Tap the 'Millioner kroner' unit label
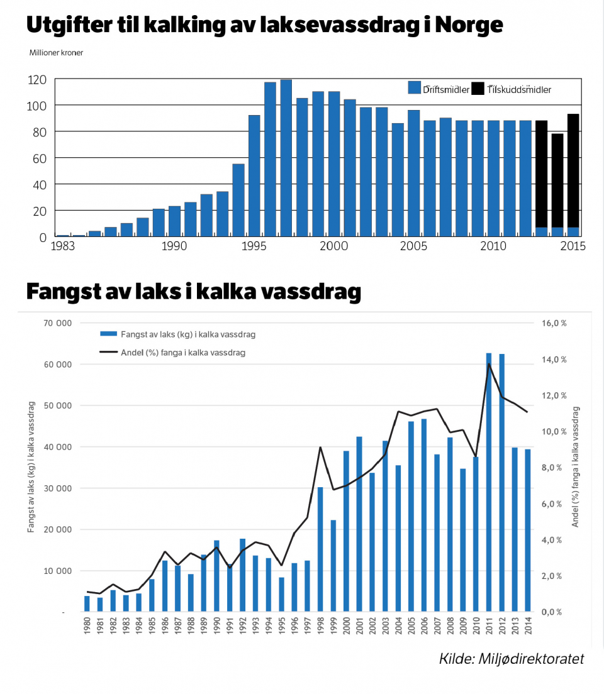pos(56,53)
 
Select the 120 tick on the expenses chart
pos(37,80)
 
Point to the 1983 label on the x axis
pos(63,246)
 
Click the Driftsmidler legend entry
pos(439,89)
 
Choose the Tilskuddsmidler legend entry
pos(512,89)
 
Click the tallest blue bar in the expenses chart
pos(286,157)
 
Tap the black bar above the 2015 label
pos(573,170)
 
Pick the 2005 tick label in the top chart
pos(413,246)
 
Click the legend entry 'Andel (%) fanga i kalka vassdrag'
pos(183,353)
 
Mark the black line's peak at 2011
pos(489,364)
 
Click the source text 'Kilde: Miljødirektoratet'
pos(512,659)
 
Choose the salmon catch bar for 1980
pos(87,603)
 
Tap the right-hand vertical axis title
pos(576,466)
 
